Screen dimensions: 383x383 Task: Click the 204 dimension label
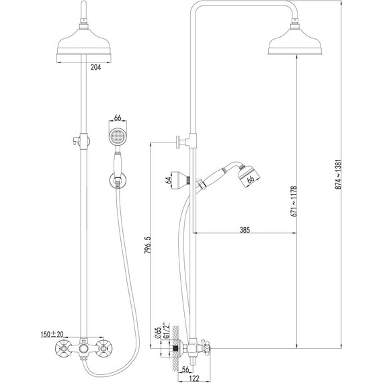pos(95,67)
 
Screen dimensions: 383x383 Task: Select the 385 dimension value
pos(245,230)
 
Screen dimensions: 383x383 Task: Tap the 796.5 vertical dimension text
pos(148,245)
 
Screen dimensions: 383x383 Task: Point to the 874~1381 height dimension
pos(338,175)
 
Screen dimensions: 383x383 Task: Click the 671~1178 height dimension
pos(294,202)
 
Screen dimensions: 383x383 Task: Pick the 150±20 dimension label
pos(52,334)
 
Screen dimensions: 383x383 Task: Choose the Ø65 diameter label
pos(158,333)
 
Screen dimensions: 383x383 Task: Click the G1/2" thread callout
pos(166,331)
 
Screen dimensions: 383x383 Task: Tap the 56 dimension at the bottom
pos(185,370)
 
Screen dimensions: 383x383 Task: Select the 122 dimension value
pos(194,379)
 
